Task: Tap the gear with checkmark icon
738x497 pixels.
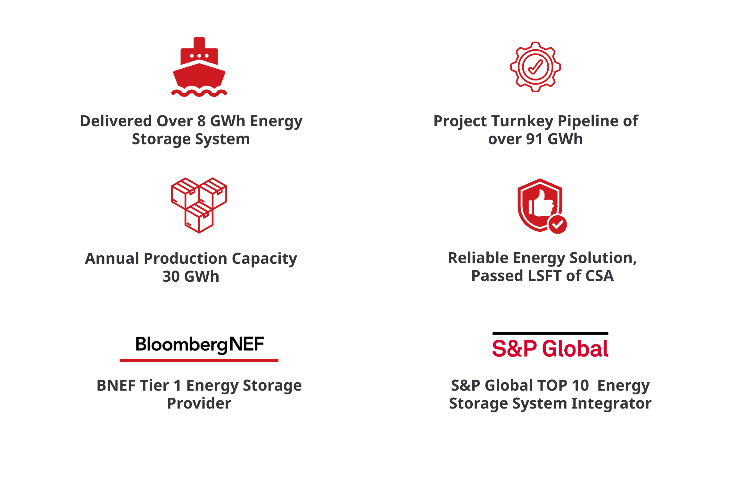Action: pyautogui.click(x=535, y=67)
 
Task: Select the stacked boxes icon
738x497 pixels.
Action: pyautogui.click(x=199, y=205)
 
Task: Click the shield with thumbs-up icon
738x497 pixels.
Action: pyautogui.click(x=542, y=206)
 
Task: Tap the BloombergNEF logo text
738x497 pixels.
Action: pyautogui.click(x=200, y=345)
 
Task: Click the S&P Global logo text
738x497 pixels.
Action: pyautogui.click(x=550, y=349)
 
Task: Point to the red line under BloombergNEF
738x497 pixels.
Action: pyautogui.click(x=199, y=361)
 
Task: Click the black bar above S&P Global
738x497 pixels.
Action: pyautogui.click(x=550, y=333)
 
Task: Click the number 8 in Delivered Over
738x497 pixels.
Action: pyautogui.click(x=202, y=121)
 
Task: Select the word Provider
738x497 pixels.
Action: pyautogui.click(x=199, y=403)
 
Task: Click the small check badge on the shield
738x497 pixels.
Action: pyautogui.click(x=558, y=225)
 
